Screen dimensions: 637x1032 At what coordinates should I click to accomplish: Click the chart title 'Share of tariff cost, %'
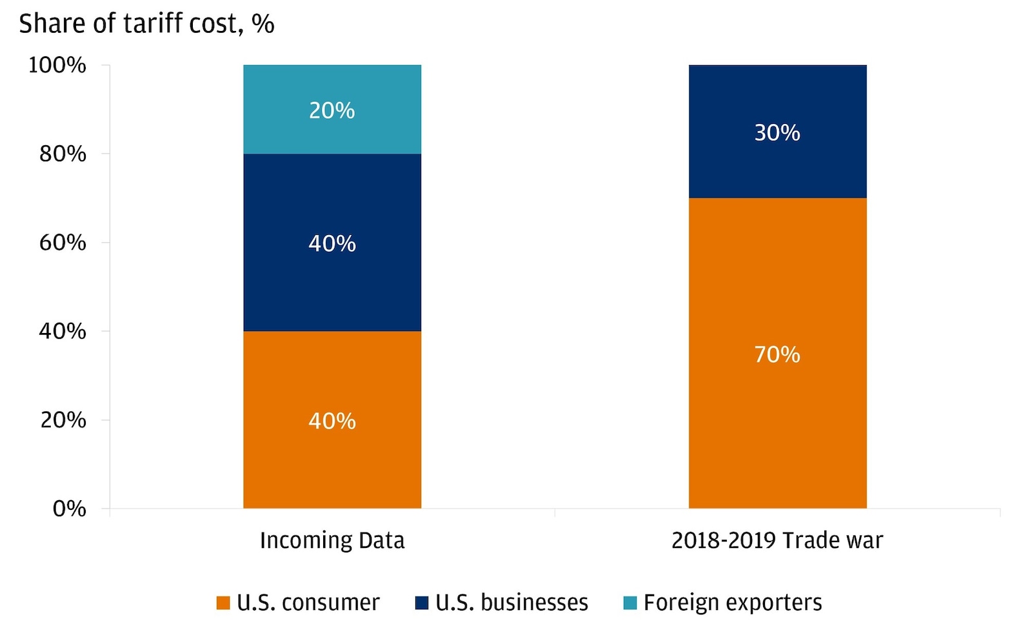pyautogui.click(x=146, y=24)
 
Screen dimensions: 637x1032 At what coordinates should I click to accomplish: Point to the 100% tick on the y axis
pyautogui.click(x=57, y=65)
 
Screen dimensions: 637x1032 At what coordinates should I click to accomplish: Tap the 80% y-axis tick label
pyautogui.click(x=63, y=154)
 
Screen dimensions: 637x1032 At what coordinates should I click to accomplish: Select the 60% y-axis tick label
pyautogui.click(x=63, y=243)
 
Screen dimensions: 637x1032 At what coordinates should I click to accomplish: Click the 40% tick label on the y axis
pyautogui.click(x=63, y=331)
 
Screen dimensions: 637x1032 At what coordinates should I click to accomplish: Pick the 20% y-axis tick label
pyautogui.click(x=63, y=420)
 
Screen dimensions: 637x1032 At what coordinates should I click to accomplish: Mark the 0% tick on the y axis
pyautogui.click(x=69, y=509)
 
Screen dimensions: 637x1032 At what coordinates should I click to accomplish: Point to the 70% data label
pyautogui.click(x=777, y=354)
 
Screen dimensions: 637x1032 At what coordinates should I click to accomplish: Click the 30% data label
pyautogui.click(x=777, y=133)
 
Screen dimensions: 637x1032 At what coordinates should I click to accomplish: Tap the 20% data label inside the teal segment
pyautogui.click(x=332, y=111)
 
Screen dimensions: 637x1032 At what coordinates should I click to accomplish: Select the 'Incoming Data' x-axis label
pyautogui.click(x=332, y=540)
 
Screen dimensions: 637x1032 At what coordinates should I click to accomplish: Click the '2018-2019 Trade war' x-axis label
pyautogui.click(x=777, y=540)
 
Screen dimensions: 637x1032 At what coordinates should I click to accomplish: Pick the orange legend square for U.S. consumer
pyautogui.click(x=223, y=603)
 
